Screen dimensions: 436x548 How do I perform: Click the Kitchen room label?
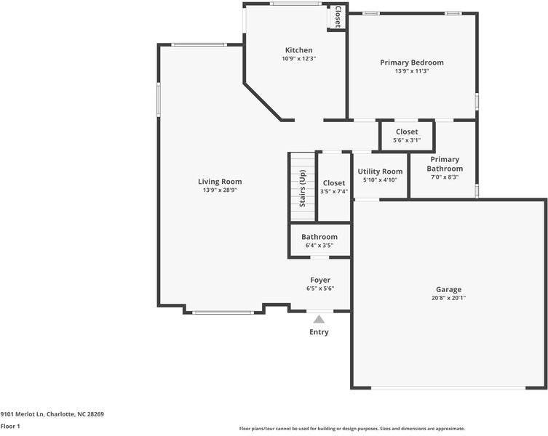pyautogui.click(x=299, y=50)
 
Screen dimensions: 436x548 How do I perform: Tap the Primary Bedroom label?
pyautogui.click(x=411, y=62)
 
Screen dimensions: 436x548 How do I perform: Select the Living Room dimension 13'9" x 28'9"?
pyautogui.click(x=220, y=190)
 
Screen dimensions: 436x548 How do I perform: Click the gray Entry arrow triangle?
pyautogui.click(x=319, y=318)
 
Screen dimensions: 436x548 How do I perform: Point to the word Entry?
pyautogui.click(x=319, y=332)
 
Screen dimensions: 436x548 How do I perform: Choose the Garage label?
pyautogui.click(x=448, y=289)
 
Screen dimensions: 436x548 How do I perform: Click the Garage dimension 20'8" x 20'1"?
pyautogui.click(x=448, y=298)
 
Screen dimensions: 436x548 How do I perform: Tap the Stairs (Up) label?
pyautogui.click(x=303, y=188)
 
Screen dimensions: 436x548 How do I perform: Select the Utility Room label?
pyautogui.click(x=380, y=171)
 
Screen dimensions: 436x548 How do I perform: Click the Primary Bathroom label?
pyautogui.click(x=445, y=163)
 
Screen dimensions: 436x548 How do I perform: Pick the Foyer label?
pyautogui.click(x=320, y=280)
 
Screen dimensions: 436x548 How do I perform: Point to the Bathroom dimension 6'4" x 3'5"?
pyautogui.click(x=319, y=246)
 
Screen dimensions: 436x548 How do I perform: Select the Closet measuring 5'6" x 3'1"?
pyautogui.click(x=407, y=135)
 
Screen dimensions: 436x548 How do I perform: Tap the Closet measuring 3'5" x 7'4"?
pyautogui.click(x=334, y=187)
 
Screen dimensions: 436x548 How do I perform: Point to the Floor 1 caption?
pyautogui.click(x=10, y=427)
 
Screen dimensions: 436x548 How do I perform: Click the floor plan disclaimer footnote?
pyautogui.click(x=352, y=429)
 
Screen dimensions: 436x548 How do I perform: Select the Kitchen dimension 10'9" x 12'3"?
pyautogui.click(x=299, y=59)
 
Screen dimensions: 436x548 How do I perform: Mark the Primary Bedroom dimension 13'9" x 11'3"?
pyautogui.click(x=411, y=71)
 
